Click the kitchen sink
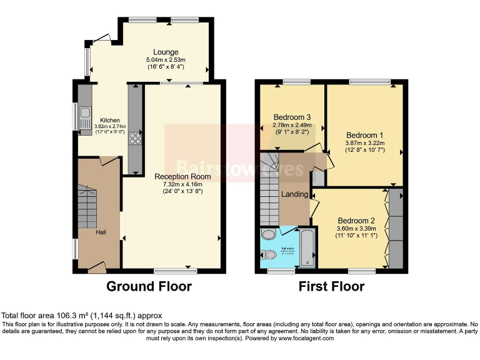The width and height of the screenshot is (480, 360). tap(85, 119)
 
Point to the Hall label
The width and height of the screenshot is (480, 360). tap(101, 232)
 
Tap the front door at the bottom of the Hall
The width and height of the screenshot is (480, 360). tap(96, 267)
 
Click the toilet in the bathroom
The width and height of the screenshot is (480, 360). tap(269, 255)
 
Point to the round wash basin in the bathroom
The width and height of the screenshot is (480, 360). tap(268, 234)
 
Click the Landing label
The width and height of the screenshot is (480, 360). tap(294, 194)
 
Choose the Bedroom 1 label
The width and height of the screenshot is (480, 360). tap(365, 135)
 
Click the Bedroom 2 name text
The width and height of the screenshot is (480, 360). tap(356, 221)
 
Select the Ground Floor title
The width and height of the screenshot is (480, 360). tap(149, 286)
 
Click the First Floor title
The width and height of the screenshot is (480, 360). tap(331, 286)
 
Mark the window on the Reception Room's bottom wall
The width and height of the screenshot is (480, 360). tap(175, 271)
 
